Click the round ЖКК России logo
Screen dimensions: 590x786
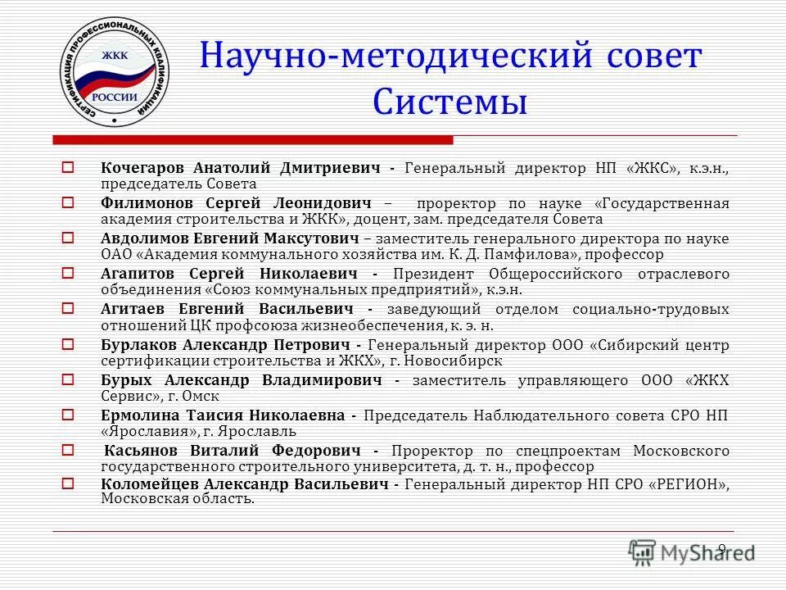click(113, 75)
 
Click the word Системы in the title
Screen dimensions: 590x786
click(449, 103)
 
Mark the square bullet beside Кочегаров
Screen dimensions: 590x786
click(69, 166)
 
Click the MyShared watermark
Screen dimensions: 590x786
click(692, 551)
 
